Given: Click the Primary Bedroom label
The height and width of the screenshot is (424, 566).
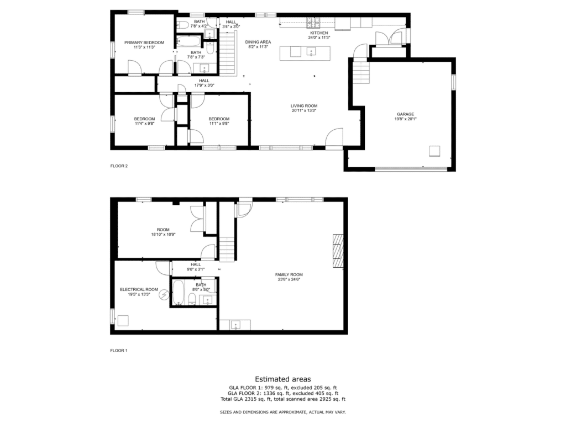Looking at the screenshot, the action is [x=144, y=43].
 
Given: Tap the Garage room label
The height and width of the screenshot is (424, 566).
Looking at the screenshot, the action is [x=405, y=114].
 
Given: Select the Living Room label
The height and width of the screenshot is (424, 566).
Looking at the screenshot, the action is [x=304, y=106].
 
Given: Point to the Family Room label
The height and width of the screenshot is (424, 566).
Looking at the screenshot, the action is [x=289, y=275].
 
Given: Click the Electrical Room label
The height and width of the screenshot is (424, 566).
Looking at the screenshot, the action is [x=139, y=289].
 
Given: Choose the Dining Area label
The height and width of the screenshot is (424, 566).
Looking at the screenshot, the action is [x=258, y=42].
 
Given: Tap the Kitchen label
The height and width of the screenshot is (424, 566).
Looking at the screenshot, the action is [x=319, y=33].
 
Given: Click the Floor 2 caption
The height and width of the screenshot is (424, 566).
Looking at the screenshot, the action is [x=119, y=166].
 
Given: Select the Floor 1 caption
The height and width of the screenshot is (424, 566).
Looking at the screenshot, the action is [x=119, y=351].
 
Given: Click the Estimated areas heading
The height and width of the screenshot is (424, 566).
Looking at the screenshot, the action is [x=283, y=379].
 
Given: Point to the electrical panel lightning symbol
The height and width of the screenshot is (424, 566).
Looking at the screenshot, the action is [x=164, y=295].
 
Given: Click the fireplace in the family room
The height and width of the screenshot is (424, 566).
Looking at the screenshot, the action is [x=338, y=251].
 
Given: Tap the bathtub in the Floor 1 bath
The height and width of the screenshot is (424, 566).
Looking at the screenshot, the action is [x=178, y=293].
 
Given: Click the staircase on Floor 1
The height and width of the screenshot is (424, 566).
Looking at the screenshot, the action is [x=227, y=250].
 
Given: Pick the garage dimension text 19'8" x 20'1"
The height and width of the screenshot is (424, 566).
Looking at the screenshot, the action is [x=405, y=119].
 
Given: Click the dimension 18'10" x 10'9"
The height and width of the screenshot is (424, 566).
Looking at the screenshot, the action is [x=163, y=234].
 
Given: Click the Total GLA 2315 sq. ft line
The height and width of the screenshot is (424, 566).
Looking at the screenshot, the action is [x=283, y=399].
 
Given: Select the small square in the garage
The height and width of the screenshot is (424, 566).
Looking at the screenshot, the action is [x=434, y=151].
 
